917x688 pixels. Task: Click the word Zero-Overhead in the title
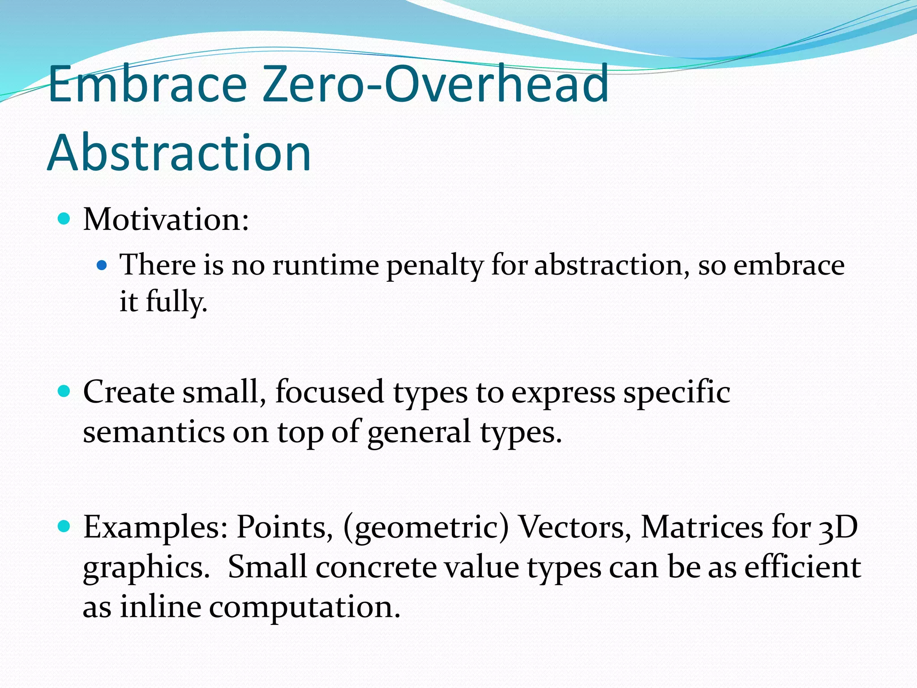(x=435, y=84)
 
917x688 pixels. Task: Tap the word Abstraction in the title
(x=179, y=153)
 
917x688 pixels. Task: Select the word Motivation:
(x=166, y=220)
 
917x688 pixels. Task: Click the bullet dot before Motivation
(x=64, y=219)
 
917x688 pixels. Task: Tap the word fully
(x=176, y=302)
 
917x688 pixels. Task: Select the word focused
(x=330, y=392)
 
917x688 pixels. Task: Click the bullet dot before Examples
(x=64, y=526)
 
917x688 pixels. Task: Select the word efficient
(x=802, y=567)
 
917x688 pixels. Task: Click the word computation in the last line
(x=304, y=608)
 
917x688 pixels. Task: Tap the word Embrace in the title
(x=148, y=84)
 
